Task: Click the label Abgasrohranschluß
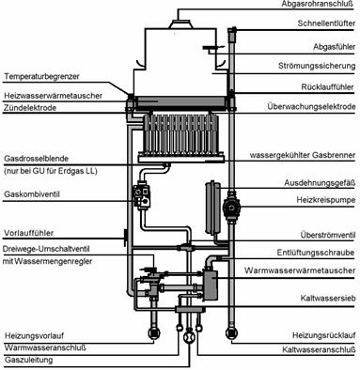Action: pyautogui.click(x=317, y=4)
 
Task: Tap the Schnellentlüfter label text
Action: pyautogui.click(x=326, y=23)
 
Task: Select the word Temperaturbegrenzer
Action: pyautogui.click(x=42, y=76)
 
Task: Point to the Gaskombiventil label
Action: pyautogui.click(x=32, y=194)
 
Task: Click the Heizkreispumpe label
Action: pyautogui.click(x=326, y=200)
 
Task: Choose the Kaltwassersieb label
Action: pyautogui.click(x=328, y=298)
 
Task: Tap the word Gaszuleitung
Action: pyautogui.click(x=28, y=360)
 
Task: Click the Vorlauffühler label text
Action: pyautogui.click(x=29, y=233)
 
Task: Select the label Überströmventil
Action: pyautogui.click(x=328, y=235)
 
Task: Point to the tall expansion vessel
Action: pyautogui.click(x=212, y=208)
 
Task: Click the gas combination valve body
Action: pyautogui.click(x=142, y=196)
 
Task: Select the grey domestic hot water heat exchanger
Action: pyautogui.click(x=211, y=284)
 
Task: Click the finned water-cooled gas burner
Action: pyautogui.click(x=180, y=135)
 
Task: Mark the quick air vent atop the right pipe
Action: pyautogui.click(x=232, y=35)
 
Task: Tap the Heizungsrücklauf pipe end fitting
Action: pyautogui.click(x=231, y=333)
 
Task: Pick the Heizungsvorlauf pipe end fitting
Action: pyautogui.click(x=154, y=333)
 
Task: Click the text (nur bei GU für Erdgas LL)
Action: pyautogui.click(x=51, y=171)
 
